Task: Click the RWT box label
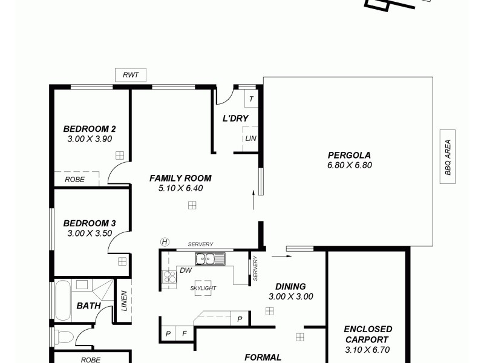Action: point(131,75)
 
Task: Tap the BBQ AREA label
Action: point(448,157)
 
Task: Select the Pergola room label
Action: point(349,154)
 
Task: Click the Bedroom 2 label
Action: point(90,128)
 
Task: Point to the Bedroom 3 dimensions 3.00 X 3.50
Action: point(90,233)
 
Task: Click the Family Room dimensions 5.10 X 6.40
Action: point(180,188)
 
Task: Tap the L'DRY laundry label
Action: point(235,118)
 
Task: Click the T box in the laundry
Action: point(251,99)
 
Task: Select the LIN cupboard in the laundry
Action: point(250,139)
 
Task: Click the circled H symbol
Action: point(164,241)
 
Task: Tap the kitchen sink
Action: point(210,260)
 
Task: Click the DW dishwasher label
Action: point(186,270)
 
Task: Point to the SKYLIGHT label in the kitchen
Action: point(203,289)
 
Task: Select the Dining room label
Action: point(290,286)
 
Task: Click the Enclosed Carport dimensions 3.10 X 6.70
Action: point(368,350)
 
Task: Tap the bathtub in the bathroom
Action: point(63,300)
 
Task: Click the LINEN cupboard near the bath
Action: point(124,301)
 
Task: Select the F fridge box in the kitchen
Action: point(185,334)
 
